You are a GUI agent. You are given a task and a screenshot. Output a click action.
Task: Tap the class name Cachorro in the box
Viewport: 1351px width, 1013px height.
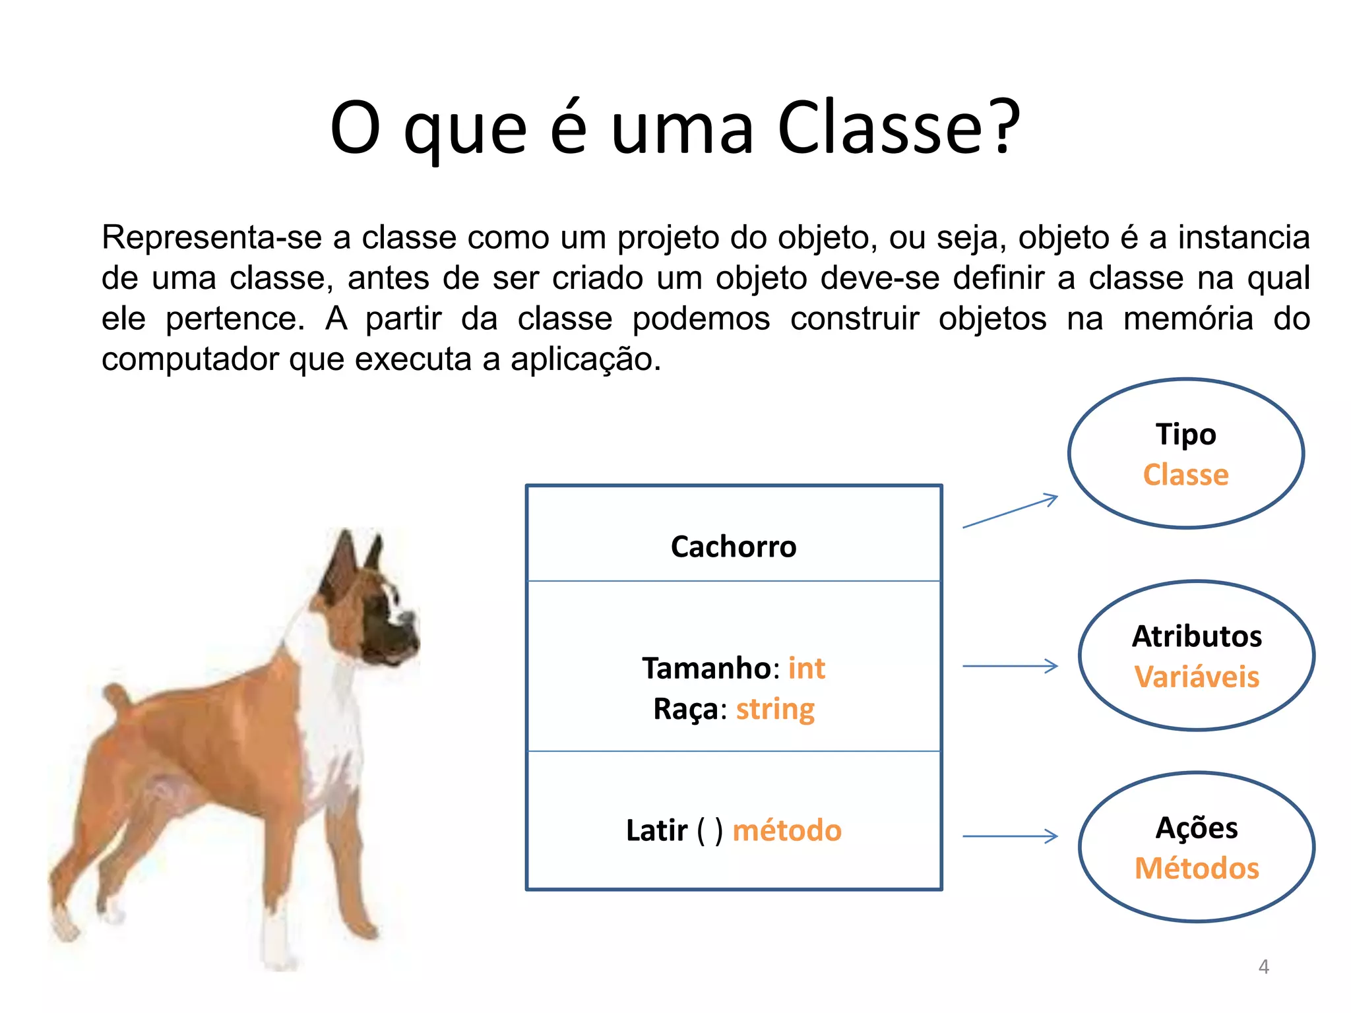point(734,547)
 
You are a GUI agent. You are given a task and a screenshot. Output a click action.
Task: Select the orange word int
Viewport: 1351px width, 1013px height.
point(806,668)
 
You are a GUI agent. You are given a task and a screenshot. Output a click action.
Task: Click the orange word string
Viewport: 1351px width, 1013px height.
point(775,710)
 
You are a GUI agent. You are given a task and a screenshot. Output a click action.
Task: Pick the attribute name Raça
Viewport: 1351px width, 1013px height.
point(685,710)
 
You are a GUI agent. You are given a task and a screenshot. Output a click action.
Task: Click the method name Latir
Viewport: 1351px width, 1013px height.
point(656,830)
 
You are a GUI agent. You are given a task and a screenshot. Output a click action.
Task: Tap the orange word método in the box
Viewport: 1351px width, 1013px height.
point(787,830)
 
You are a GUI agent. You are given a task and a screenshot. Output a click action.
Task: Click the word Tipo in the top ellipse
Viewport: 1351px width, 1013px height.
point(1185,434)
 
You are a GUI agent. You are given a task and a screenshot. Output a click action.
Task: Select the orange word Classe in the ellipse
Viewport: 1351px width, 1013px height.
point(1185,475)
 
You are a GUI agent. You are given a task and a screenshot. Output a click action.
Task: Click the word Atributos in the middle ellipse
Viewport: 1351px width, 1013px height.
point(1197,636)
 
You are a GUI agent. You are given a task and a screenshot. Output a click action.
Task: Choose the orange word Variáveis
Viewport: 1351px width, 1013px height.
point(1197,677)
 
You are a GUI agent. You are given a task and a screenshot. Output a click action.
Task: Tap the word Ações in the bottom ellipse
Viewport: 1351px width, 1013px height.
point(1197,828)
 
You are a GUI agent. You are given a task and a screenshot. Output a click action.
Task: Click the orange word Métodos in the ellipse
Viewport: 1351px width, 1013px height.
point(1197,869)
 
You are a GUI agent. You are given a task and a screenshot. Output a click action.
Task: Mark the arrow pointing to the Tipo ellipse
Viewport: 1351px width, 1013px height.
point(1011,511)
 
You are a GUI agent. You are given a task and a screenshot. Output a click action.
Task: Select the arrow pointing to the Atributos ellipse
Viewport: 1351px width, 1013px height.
point(1011,666)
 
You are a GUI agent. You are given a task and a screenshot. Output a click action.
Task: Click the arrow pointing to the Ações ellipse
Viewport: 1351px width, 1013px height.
point(1011,836)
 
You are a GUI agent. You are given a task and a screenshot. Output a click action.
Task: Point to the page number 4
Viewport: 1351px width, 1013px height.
point(1263,967)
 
